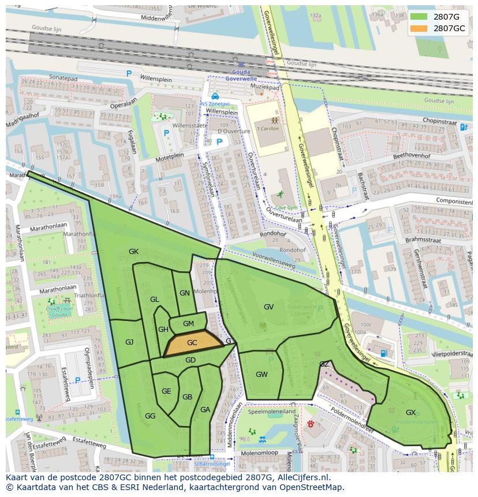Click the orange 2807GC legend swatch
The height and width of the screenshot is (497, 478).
pos(419,28)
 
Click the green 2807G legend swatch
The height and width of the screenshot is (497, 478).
pos(419,16)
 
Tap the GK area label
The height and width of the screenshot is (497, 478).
pos(133,252)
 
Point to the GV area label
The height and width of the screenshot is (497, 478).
pos(268,307)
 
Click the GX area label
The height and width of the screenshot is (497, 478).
pos(410,413)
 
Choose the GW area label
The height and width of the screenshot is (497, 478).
pos(262,375)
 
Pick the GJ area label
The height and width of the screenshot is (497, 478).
pos(129,342)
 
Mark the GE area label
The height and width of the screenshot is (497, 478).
pos(166,391)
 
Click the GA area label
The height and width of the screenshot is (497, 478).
pos(205,410)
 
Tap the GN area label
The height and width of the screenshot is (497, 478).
pos(185,293)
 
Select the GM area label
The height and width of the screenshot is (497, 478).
pos(188,324)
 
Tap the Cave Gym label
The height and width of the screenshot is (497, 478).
pos(285,207)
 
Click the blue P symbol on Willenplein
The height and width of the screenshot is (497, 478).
pos(129,74)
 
